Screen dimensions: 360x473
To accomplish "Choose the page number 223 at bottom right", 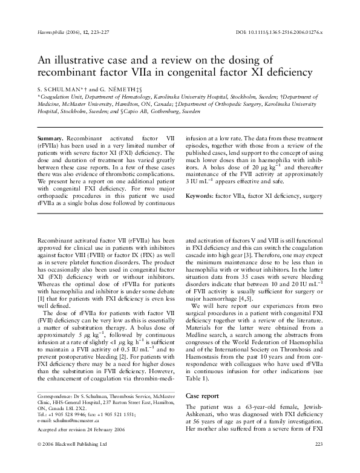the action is click(x=320, y=461).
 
